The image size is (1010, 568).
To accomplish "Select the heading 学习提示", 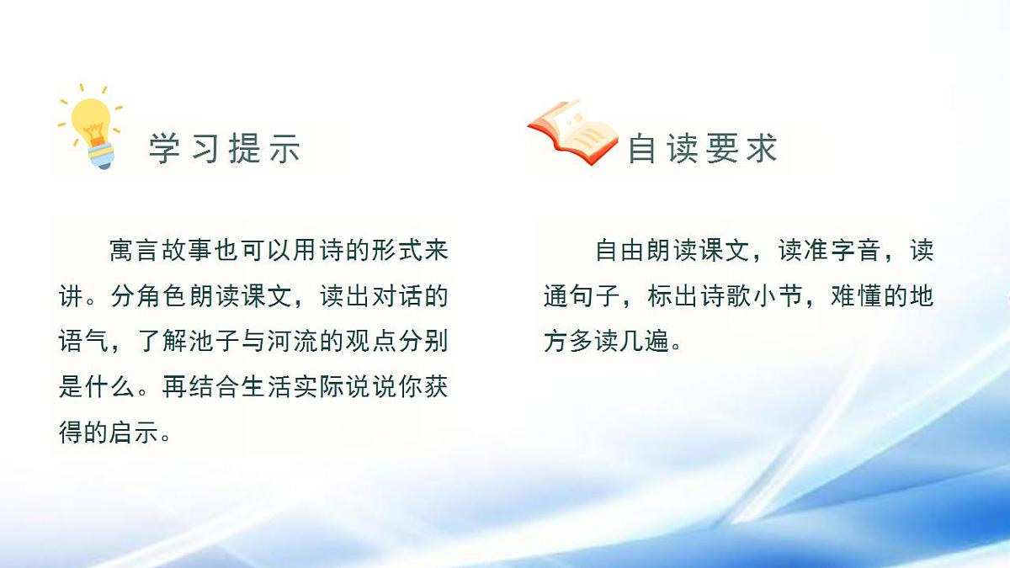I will point(225,149).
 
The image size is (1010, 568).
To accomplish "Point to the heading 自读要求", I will point(702,149).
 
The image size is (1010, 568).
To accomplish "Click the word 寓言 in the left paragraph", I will point(136,251).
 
